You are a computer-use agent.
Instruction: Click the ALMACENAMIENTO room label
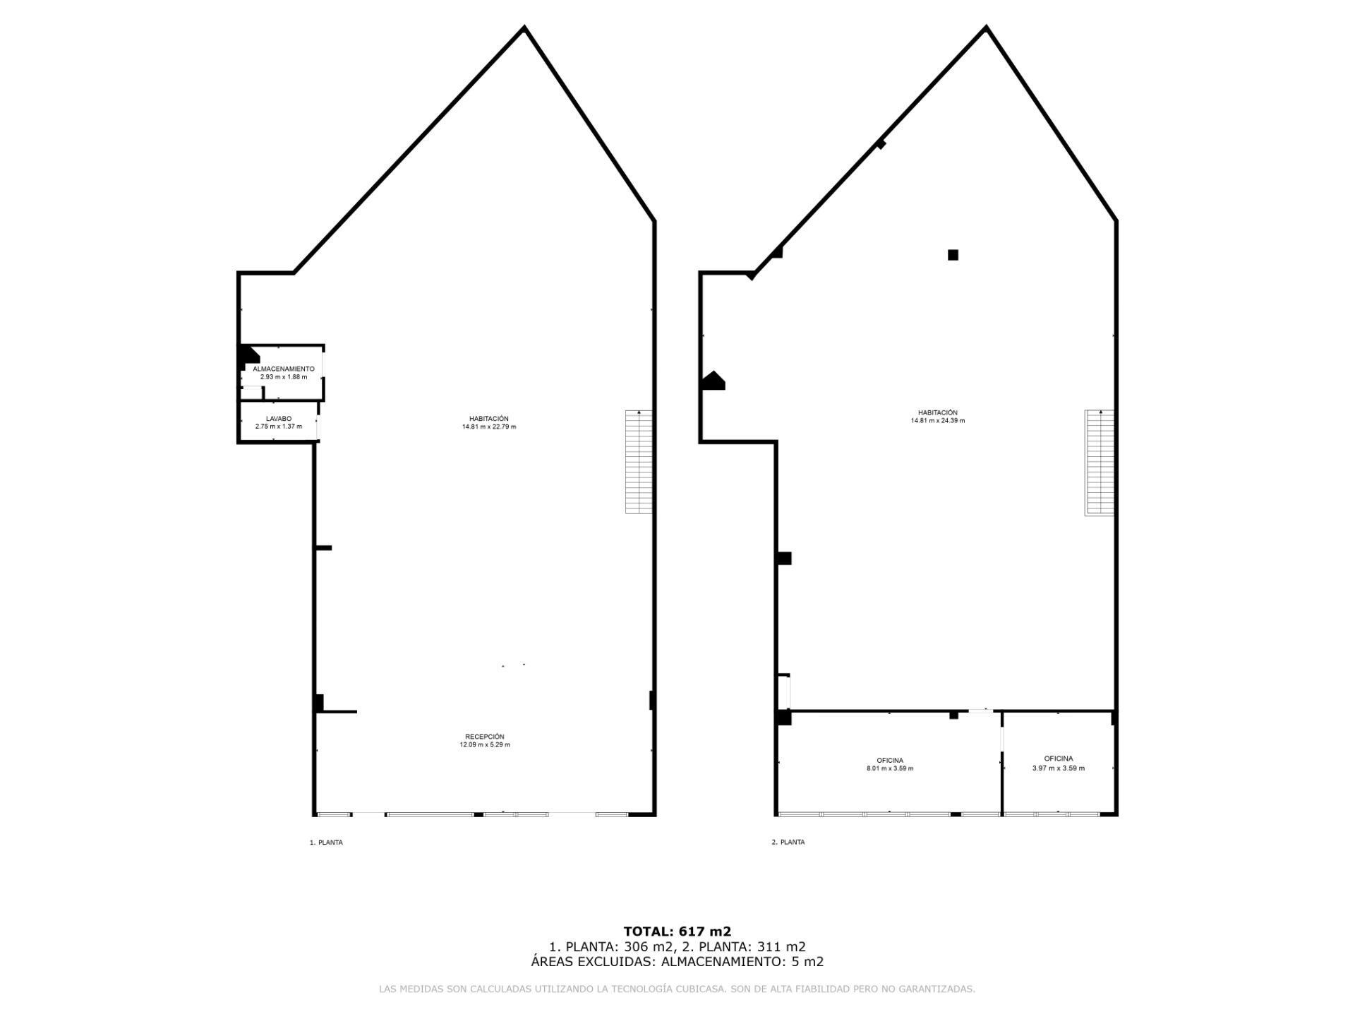(284, 369)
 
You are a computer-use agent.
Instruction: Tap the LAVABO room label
(279, 419)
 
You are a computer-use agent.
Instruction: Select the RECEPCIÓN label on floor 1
(485, 737)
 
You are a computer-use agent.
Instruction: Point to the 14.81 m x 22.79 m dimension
(489, 427)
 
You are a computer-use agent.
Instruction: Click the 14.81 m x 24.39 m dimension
(938, 420)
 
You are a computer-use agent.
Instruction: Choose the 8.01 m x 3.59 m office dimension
(890, 768)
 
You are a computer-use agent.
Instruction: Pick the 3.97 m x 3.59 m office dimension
(1059, 768)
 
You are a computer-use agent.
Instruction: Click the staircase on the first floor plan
(639, 462)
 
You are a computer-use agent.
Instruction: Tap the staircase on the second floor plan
(1099, 463)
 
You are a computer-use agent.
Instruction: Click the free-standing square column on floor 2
(953, 255)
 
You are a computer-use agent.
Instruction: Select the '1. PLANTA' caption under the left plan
(326, 843)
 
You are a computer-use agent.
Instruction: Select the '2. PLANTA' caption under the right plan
(788, 842)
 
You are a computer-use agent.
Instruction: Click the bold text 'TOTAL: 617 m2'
(677, 931)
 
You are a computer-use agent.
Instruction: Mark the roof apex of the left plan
(524, 28)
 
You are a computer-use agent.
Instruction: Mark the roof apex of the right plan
(986, 28)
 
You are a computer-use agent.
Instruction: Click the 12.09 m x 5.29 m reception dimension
(485, 744)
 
